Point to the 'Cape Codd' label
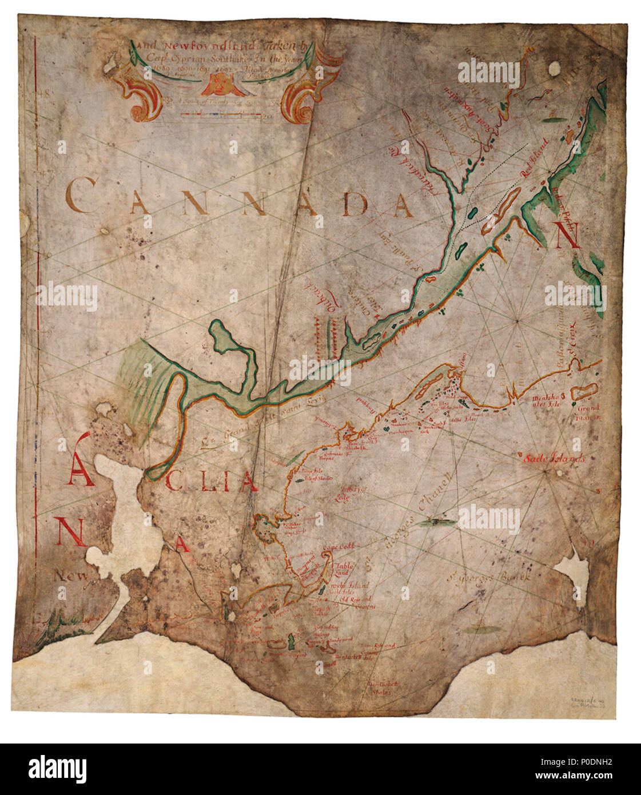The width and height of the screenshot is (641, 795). click(x=335, y=548)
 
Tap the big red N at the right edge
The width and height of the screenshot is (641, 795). click(x=567, y=234)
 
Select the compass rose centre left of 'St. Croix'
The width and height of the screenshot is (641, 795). click(x=517, y=321)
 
